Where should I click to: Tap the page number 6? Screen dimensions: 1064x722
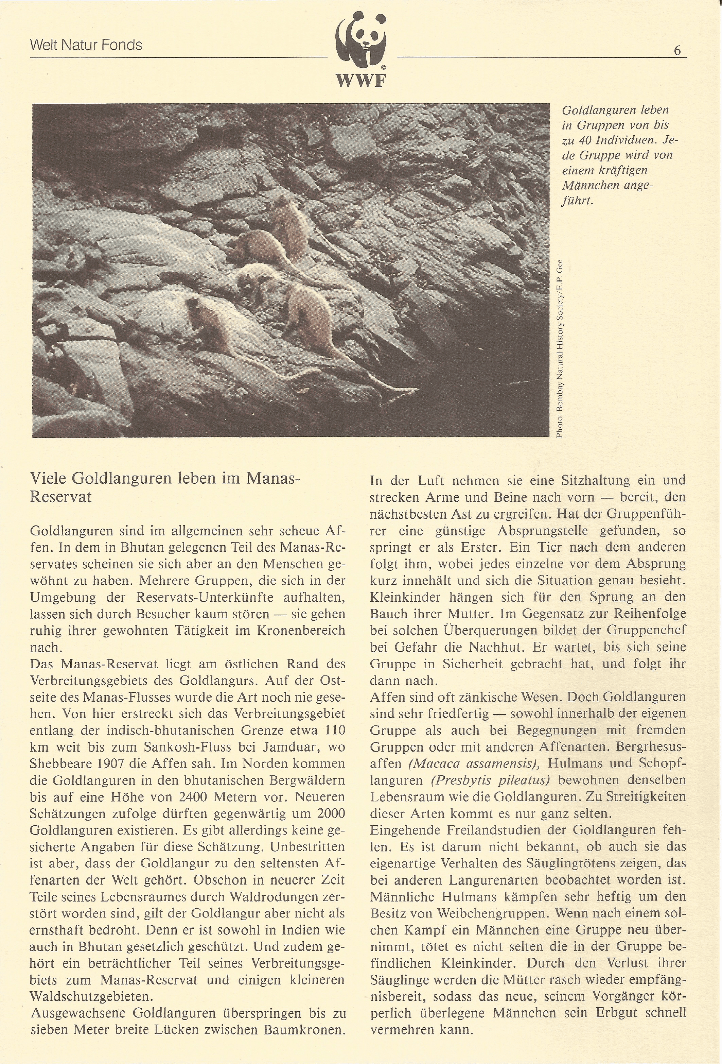[677, 50]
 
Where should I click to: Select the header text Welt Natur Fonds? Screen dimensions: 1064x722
[86, 45]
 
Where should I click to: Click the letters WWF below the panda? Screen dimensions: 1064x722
[361, 81]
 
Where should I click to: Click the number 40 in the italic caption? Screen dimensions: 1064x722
[587, 140]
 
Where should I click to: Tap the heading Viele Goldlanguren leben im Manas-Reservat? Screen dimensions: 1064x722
[165, 487]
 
